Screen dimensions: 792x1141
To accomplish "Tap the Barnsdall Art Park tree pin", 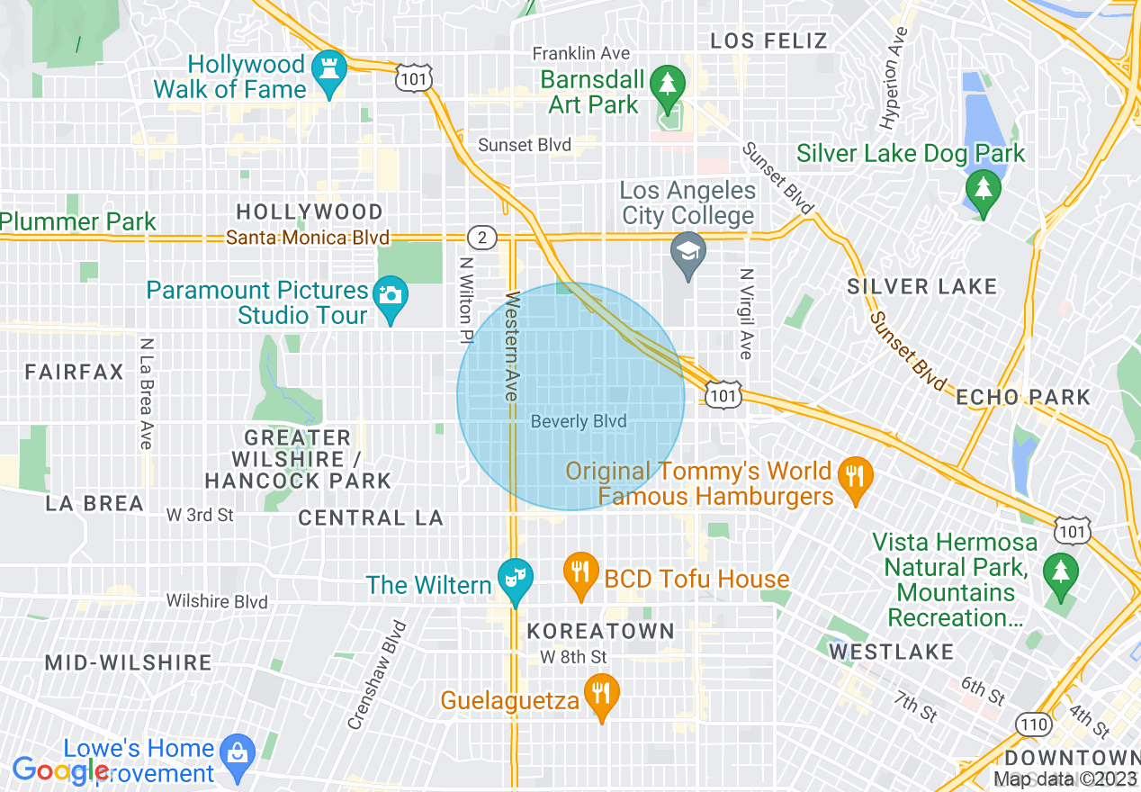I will tap(667, 84).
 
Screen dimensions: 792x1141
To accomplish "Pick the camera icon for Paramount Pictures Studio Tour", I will tap(391, 294).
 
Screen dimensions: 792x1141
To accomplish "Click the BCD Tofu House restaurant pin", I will tap(581, 571).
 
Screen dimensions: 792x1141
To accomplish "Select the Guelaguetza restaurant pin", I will tap(599, 694).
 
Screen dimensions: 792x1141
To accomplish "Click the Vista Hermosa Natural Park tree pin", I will tap(1061, 570).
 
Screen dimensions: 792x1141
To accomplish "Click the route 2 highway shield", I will tap(482, 238).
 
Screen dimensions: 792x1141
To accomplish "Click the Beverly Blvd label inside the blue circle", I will tap(579, 421).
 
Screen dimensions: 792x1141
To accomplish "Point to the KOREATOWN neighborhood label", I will tap(601, 631).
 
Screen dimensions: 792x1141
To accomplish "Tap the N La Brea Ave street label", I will tap(146, 393).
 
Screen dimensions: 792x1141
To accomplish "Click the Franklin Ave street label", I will tap(581, 54).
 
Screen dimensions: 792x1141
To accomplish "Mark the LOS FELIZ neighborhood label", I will tap(768, 40).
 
